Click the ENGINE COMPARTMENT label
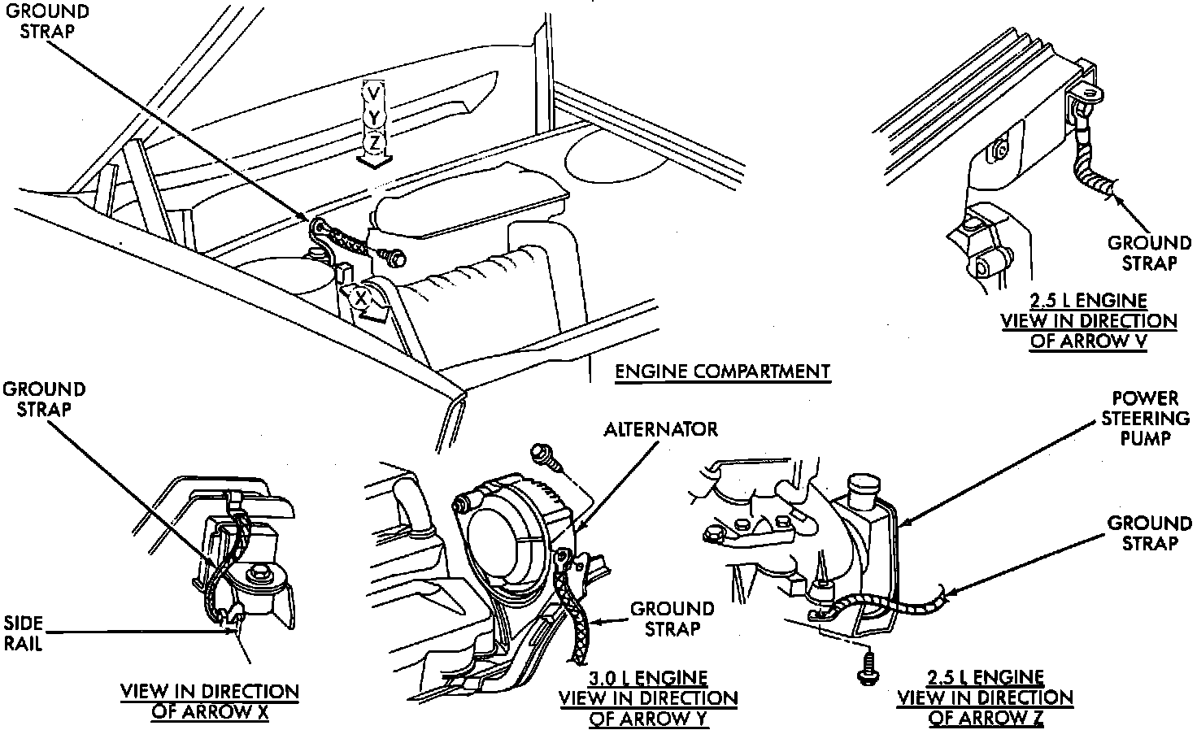click(722, 372)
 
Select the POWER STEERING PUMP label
click(1146, 418)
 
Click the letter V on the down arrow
click(372, 94)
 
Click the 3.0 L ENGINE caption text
click(647, 678)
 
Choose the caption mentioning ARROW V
click(1089, 321)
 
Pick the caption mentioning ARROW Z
click(985, 697)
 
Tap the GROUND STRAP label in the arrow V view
click(1149, 253)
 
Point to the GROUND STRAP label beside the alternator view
click(672, 619)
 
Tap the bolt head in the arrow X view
click(259, 572)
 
